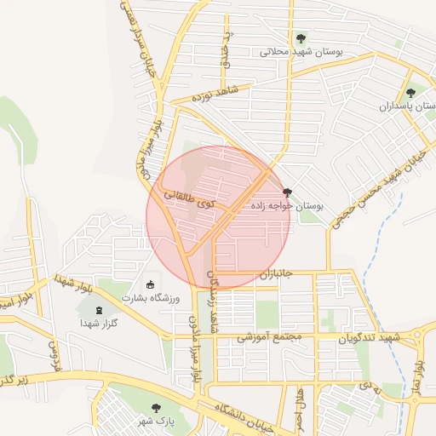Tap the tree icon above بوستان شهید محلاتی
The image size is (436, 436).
[301, 38]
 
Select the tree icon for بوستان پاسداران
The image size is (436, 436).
[410, 94]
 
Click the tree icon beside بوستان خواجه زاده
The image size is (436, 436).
[286, 193]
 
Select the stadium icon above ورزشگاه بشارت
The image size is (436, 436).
[152, 284]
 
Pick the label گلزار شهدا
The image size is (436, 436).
[99, 323]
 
